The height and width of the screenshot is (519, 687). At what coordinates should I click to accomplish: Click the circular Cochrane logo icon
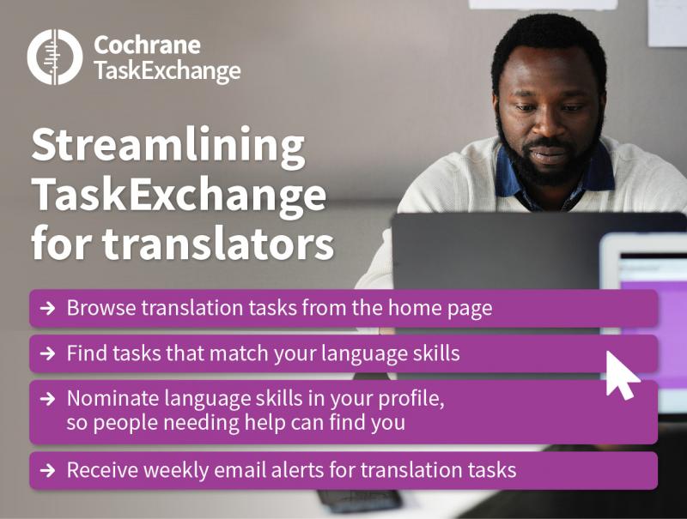[55, 57]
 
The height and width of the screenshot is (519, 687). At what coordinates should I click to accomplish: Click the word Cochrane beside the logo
[147, 45]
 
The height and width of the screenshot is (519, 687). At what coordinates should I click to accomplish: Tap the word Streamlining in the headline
[167, 147]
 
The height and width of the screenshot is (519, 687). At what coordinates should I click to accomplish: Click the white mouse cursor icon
[621, 376]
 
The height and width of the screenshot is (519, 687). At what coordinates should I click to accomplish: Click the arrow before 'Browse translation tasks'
[48, 308]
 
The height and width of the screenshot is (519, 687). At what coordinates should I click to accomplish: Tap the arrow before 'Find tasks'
[48, 353]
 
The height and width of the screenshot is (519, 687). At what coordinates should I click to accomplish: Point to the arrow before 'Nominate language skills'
[48, 399]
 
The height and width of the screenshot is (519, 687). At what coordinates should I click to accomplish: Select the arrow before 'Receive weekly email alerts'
[48, 470]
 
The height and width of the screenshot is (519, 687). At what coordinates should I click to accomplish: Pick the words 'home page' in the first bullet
[440, 309]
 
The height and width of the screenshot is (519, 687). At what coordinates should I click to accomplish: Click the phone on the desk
[359, 500]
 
